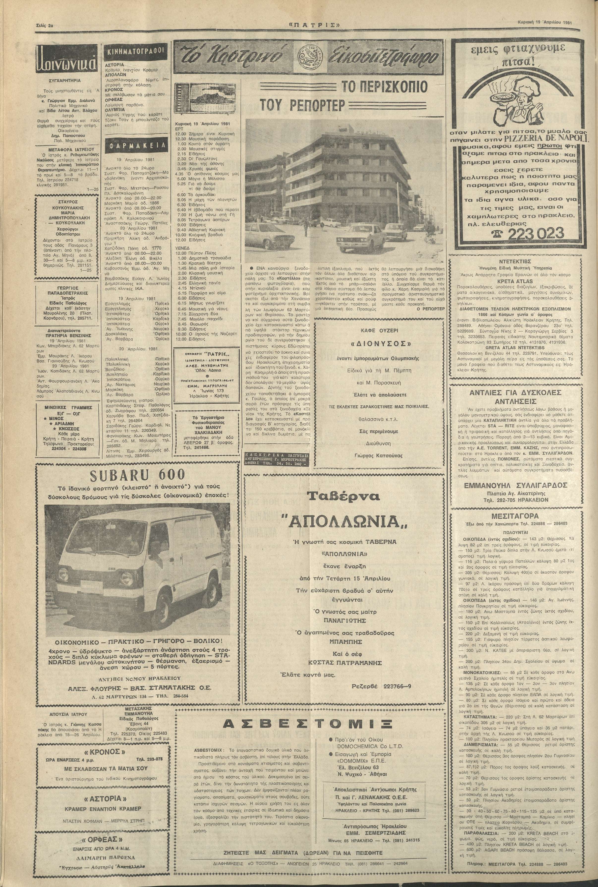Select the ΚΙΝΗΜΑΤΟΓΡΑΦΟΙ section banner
tap(135, 52)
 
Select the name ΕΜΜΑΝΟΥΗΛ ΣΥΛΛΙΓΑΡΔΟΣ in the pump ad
tap(516, 485)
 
